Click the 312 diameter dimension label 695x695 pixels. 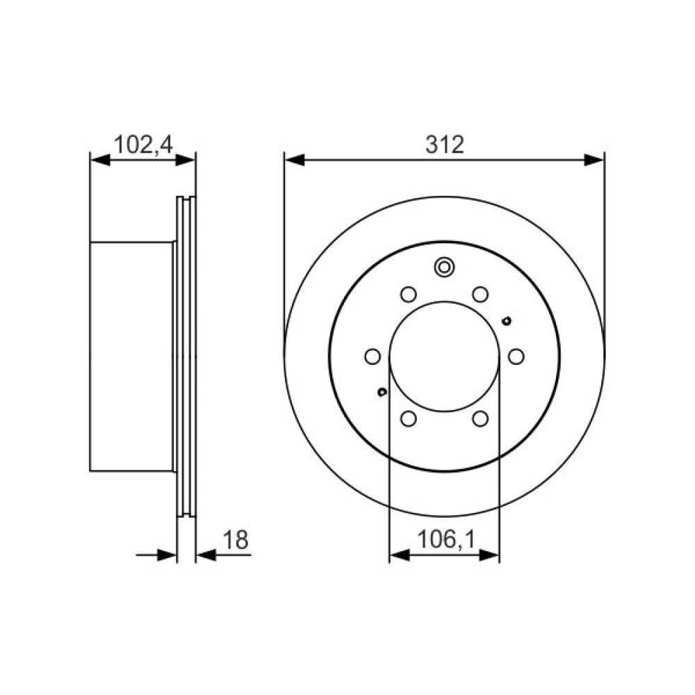pos(445,145)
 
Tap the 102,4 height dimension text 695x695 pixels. pos(143,145)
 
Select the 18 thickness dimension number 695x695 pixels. pos(236,540)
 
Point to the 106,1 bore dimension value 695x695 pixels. pos(446,540)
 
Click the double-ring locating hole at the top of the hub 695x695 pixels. pos(444,268)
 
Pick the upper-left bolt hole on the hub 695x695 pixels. pos(408,294)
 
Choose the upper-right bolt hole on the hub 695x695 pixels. pos(480,294)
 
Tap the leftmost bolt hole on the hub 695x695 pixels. pos(373,357)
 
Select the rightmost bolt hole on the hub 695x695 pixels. pos(516,357)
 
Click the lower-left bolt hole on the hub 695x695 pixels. pos(408,419)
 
